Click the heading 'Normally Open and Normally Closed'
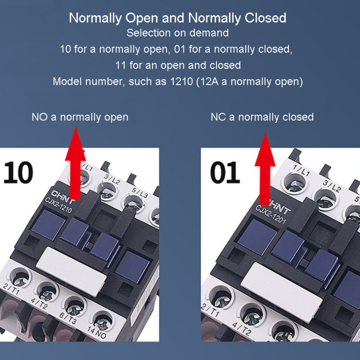point(178,18)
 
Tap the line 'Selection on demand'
point(178,33)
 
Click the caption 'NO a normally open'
point(80,117)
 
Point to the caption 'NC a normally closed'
point(262,117)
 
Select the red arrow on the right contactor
point(264,170)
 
